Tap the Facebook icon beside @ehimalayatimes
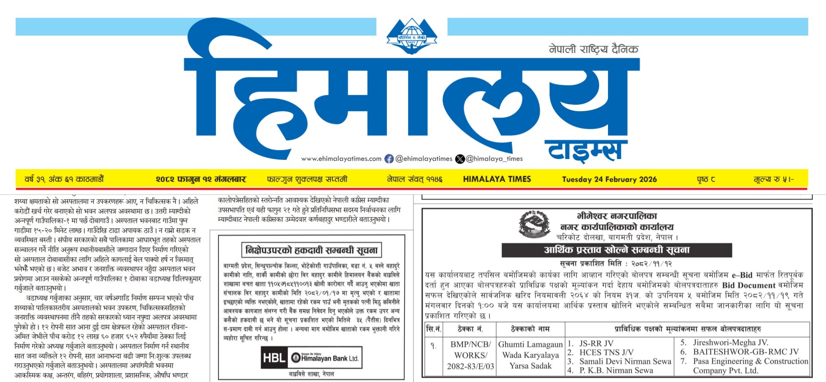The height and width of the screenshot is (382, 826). [x=389, y=159]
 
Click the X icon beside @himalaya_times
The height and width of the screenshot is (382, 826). [x=460, y=159]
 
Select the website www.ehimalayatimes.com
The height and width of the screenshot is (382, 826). [x=341, y=159]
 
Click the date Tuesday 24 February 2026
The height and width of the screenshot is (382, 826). [x=609, y=179]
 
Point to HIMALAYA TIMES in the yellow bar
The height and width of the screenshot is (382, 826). [x=497, y=179]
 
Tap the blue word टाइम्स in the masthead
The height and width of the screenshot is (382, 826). [x=585, y=150]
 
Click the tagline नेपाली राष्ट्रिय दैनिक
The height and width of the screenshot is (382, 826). [x=593, y=50]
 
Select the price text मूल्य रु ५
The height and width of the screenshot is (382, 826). [x=773, y=179]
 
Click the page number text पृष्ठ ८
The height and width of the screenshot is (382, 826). [x=706, y=179]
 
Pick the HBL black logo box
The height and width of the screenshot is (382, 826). [x=274, y=358]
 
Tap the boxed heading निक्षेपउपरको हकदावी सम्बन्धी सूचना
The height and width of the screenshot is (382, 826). [x=311, y=250]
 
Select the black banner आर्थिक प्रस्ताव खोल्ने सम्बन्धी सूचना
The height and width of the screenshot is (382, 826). [x=617, y=250]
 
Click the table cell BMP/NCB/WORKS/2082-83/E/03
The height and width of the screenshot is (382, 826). [x=470, y=355]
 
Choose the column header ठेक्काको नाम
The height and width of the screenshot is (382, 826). [x=530, y=329]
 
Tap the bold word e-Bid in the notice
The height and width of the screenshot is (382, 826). [x=742, y=275]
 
